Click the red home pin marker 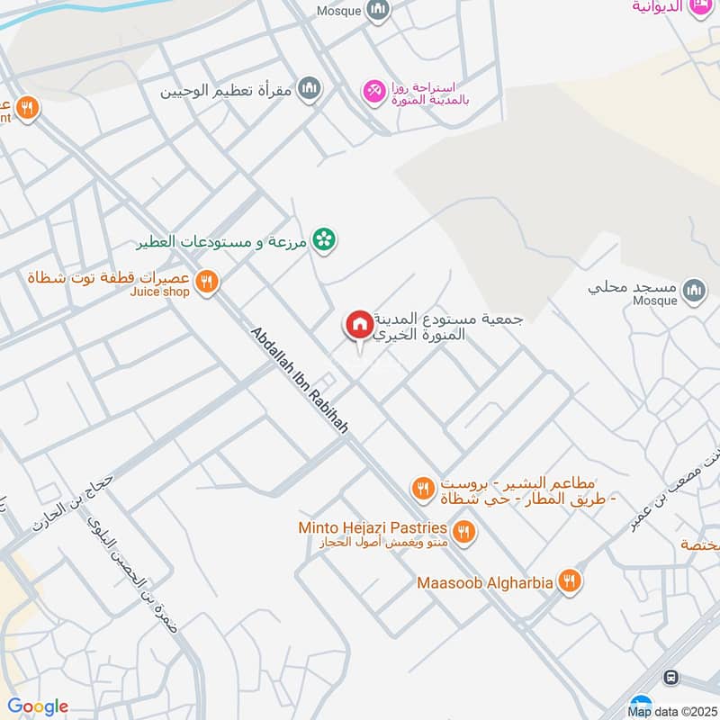[358, 325]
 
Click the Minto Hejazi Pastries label [373, 526]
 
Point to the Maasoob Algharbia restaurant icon [569, 581]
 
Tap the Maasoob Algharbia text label [484, 582]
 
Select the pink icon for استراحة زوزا [372, 90]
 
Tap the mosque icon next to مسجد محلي [693, 290]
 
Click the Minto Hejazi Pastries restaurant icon [463, 532]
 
